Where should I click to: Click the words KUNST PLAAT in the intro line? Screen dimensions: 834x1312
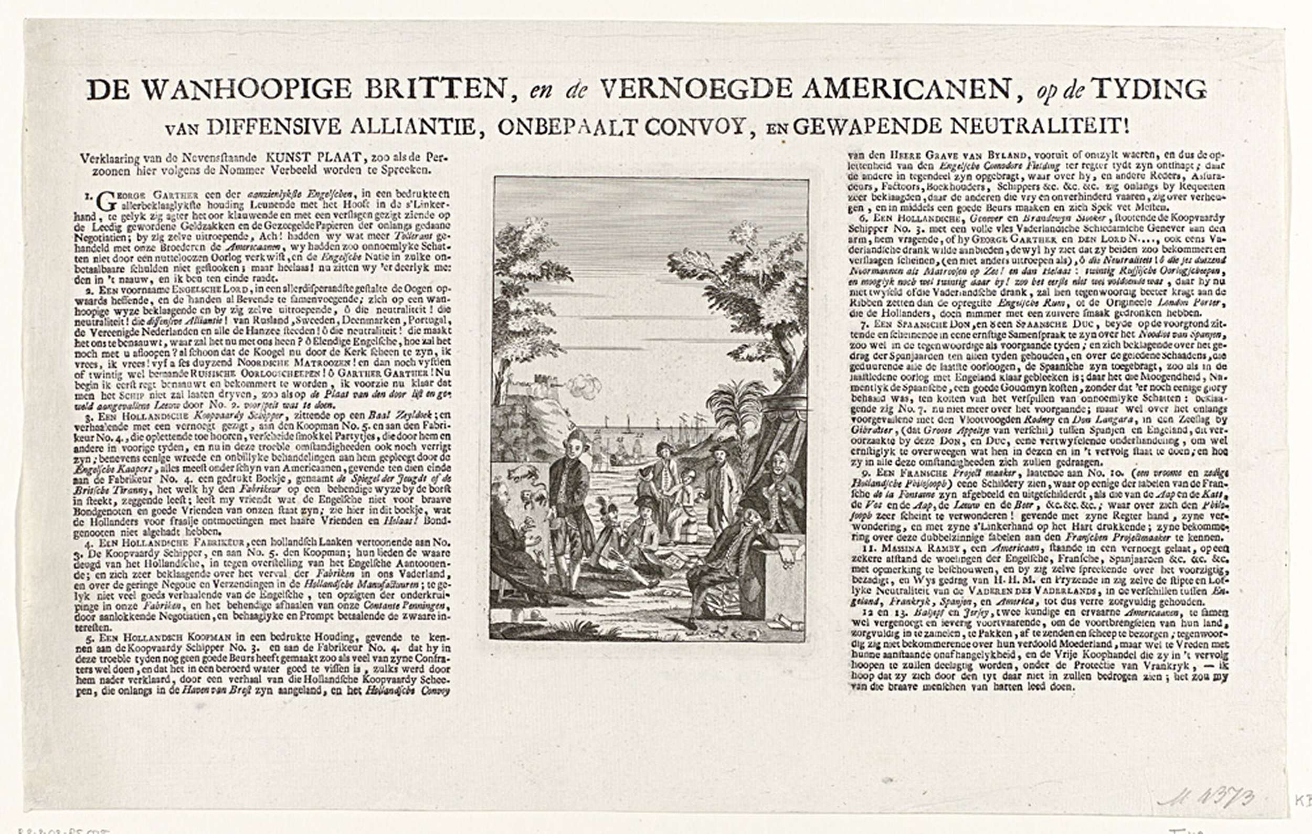(313, 157)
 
